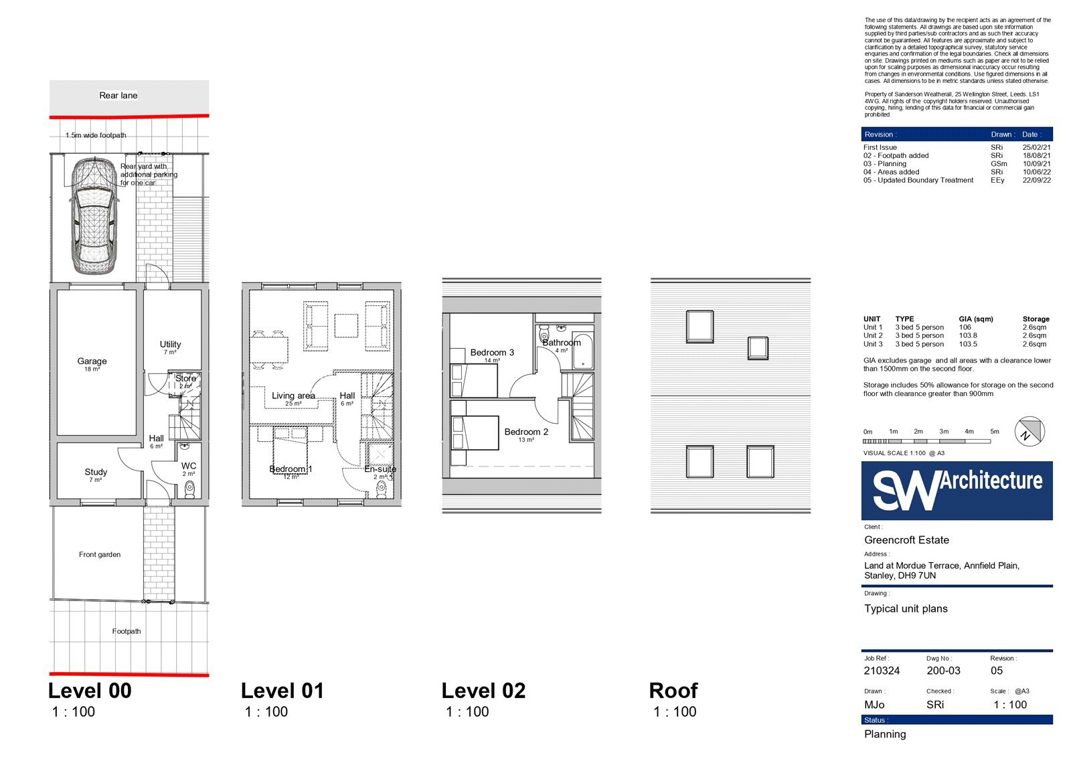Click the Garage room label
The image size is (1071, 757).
tap(92, 361)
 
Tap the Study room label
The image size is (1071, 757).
tap(96, 472)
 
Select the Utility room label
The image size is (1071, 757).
tap(170, 344)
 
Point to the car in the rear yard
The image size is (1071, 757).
tap(94, 216)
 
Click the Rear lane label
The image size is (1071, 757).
tap(118, 95)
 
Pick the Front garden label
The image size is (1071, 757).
tap(100, 554)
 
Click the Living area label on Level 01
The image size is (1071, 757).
tap(293, 396)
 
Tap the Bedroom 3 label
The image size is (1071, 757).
tap(492, 353)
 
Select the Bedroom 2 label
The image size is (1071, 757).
tap(526, 432)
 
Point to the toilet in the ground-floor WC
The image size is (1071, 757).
tap(190, 490)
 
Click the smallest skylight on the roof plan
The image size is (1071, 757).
tap(758, 347)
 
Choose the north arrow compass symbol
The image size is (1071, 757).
tap(1029, 431)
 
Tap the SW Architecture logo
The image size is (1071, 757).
tap(957, 490)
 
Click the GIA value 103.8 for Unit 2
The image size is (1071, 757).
tap(968, 336)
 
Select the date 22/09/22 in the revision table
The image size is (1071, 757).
tap(1037, 180)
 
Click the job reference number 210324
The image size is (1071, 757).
tap(882, 671)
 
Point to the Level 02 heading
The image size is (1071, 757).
tap(483, 691)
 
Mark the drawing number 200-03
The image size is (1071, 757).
tap(943, 671)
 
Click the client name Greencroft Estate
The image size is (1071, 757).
tap(906, 540)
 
